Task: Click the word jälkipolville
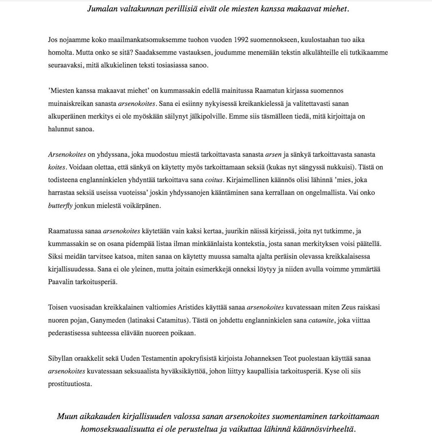207,116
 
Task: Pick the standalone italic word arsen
273,154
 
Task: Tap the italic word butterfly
60,206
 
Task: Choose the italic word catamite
321,320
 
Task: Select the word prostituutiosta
70,384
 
